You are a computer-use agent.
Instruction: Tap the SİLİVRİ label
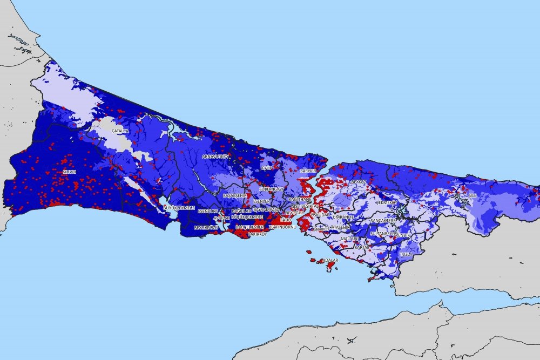pyautogui.click(x=69, y=172)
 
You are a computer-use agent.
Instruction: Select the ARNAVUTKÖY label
pyautogui.click(x=216, y=157)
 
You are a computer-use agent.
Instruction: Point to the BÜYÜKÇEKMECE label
pyautogui.click(x=179, y=207)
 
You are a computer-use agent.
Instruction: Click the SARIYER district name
pyautogui.click(x=308, y=171)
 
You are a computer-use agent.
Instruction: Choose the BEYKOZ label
pyautogui.click(x=359, y=182)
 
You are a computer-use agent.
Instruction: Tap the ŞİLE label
pyautogui.click(x=473, y=195)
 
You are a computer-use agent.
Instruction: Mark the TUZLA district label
pyautogui.click(x=406, y=253)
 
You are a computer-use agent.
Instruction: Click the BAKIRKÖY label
pyautogui.click(x=257, y=235)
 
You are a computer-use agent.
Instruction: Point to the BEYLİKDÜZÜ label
pyautogui.click(x=205, y=228)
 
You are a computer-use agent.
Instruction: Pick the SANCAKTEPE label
pyautogui.click(x=383, y=221)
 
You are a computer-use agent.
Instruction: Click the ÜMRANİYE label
pyautogui.click(x=343, y=216)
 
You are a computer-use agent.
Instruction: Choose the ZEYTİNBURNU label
pyautogui.click(x=282, y=227)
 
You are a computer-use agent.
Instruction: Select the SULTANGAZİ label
pyautogui.click(x=271, y=189)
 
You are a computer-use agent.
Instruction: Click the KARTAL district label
pyautogui.click(x=362, y=247)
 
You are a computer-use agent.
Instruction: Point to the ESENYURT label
pyautogui.click(x=208, y=211)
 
